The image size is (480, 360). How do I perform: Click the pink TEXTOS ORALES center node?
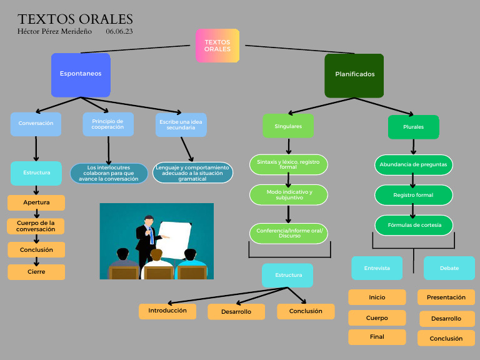(217, 46)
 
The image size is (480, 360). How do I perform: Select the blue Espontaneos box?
(81, 74)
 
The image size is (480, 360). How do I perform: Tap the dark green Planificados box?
(354, 75)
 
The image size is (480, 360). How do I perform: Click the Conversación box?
(36, 124)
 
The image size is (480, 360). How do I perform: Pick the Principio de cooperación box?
(107, 124)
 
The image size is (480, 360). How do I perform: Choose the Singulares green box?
(288, 126)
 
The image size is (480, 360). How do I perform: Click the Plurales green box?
(413, 127)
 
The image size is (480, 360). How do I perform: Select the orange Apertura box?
(36, 202)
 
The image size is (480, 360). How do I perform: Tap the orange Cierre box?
(36, 272)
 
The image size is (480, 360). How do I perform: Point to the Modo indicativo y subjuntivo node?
(289, 194)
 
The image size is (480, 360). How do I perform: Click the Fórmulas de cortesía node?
(414, 225)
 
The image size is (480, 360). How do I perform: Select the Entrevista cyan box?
(377, 268)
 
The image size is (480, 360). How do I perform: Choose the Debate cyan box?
(449, 268)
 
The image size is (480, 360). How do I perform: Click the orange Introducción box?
(167, 311)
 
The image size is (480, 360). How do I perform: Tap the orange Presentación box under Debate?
(446, 297)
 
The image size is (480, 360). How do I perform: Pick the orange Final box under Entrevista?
(377, 337)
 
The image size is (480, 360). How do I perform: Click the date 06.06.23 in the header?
(119, 31)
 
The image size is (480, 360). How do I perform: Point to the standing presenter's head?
(149, 221)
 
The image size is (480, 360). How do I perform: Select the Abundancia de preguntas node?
(414, 165)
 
